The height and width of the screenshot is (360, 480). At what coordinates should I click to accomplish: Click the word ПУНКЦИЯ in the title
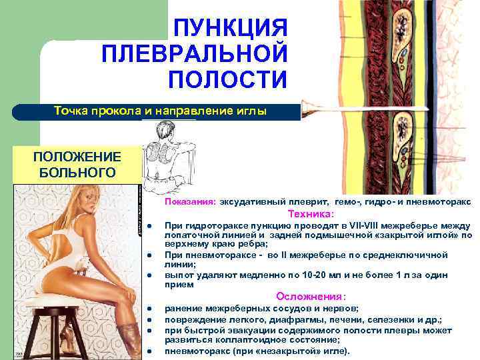pyautogui.click(x=229, y=28)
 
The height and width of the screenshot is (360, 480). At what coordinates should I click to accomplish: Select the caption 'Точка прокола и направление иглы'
pyautogui.click(x=160, y=111)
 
